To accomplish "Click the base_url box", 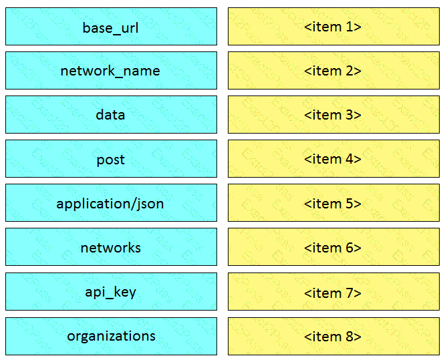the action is coord(111,27).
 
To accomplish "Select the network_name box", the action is coord(111,70).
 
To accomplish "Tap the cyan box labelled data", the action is coord(111,115).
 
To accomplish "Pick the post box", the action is coord(111,158).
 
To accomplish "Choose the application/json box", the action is coord(111,203).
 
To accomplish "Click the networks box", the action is coord(111,247).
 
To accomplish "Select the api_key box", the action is coord(111,291).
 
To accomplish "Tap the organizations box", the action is coord(111,336).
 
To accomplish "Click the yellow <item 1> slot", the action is coord(334,27).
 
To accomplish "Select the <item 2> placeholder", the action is coord(334,70).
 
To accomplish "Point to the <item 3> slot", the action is coord(334,115).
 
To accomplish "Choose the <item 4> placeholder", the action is coord(334,158).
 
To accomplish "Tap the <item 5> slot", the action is coord(334,203).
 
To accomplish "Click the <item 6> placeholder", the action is coord(334,247).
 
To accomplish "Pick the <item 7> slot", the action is coord(334,291).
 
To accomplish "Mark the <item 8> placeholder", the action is coord(334,336).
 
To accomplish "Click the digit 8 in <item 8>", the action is coord(349,337).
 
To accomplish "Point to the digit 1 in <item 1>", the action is coord(349,27).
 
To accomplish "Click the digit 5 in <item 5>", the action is coord(349,204).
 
